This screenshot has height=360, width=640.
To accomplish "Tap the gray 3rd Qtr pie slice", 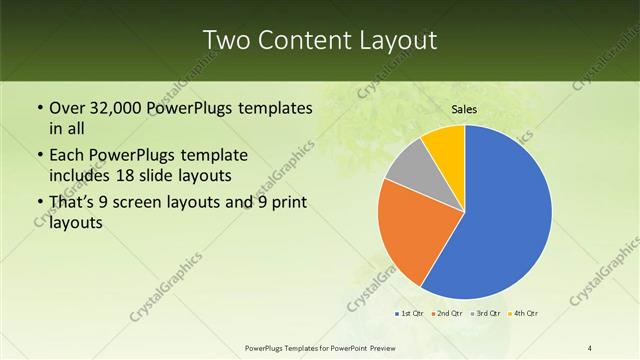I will point(409,169).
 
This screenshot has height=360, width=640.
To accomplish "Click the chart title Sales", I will point(465,109).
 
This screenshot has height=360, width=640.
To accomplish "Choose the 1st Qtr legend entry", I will point(409,314).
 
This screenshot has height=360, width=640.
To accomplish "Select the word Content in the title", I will point(311,40).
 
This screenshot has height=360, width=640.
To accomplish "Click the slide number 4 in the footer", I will point(591,347).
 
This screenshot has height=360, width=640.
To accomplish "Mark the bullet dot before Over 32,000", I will point(39,108).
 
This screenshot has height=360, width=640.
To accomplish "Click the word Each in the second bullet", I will point(67,156).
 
